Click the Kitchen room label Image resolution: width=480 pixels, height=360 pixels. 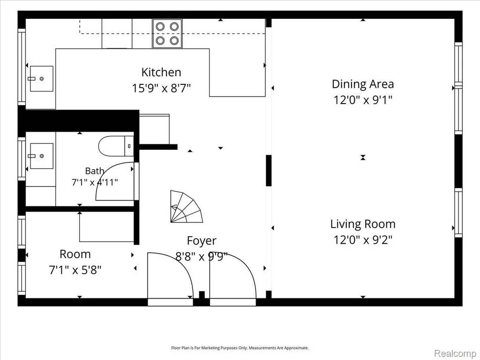tap(161, 72)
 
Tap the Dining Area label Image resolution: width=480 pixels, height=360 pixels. tap(363, 84)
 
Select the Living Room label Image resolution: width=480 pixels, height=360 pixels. tap(363, 224)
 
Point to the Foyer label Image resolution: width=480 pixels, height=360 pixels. tap(202, 240)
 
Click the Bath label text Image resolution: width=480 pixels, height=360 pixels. tap(94, 171)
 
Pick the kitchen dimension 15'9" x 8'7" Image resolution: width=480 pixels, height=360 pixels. tap(161, 89)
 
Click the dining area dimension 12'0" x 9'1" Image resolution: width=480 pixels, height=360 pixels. tap(363, 100)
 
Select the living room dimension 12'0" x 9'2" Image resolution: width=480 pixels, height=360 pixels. tap(363, 240)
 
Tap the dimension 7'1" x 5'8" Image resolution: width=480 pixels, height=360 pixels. tap(75, 270)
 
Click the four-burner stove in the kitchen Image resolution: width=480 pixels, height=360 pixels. tap(167, 33)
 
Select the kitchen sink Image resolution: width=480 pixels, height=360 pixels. tap(42, 79)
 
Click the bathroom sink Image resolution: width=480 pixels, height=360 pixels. tap(42, 156)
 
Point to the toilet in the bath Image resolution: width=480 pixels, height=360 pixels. tap(116, 146)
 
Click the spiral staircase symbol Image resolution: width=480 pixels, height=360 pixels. tap(186, 207)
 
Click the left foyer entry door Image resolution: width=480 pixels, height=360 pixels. tap(170, 275)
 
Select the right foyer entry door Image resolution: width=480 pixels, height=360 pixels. tap(232, 275)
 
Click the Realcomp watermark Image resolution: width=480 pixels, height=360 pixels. tap(455, 353)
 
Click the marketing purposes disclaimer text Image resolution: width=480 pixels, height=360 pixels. tap(240, 348)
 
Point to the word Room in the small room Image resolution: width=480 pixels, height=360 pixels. tap(75, 254)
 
